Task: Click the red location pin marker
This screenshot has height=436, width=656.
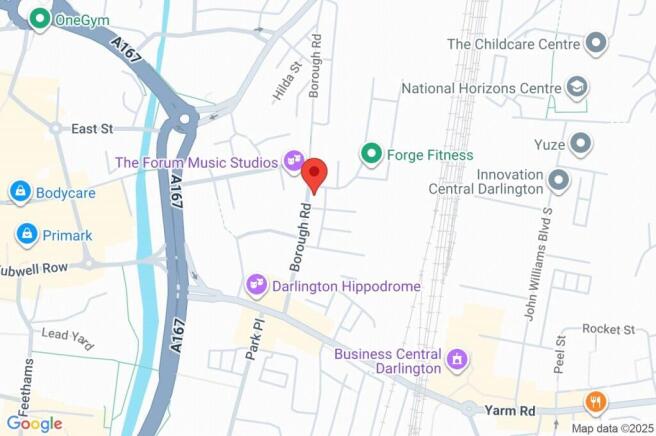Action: (315, 174)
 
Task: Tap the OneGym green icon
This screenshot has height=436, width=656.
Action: (40, 18)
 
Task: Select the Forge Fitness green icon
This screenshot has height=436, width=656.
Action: (372, 154)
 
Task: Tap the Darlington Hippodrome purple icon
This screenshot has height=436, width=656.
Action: (256, 286)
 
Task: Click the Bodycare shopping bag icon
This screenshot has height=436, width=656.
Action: (19, 191)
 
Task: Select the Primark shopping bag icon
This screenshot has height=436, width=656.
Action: (27, 235)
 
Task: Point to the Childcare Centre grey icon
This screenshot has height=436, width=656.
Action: (596, 44)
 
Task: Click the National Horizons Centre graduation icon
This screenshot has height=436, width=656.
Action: (576, 88)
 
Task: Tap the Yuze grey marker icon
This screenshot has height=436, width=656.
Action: (579, 144)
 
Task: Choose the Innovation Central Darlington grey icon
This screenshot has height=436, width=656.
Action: (558, 181)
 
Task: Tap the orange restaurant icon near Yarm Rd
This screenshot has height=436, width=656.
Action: (596, 402)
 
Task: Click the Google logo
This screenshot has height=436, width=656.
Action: (34, 423)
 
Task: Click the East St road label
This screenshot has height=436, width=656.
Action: (94, 129)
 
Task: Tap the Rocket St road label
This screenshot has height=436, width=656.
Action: (608, 329)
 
